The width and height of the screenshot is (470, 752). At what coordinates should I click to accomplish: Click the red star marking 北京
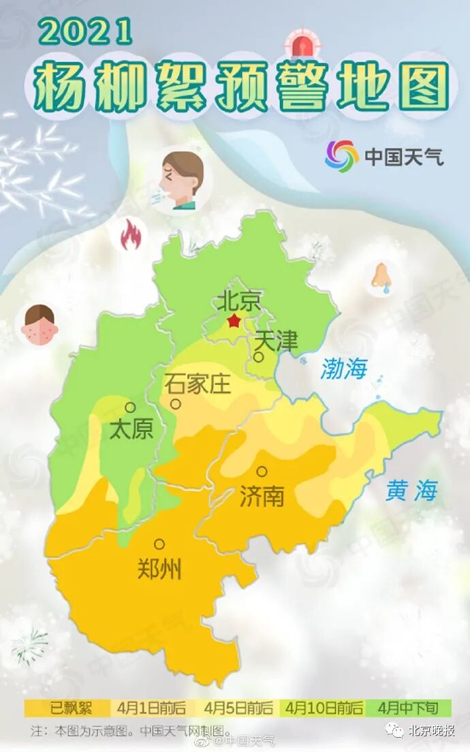(x=234, y=320)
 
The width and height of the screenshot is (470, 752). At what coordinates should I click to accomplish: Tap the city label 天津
(x=277, y=341)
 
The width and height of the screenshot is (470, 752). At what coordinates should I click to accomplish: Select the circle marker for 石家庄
(x=176, y=404)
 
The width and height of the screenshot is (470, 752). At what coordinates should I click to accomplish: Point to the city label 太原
(x=131, y=429)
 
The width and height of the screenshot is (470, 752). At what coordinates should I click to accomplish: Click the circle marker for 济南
(x=262, y=471)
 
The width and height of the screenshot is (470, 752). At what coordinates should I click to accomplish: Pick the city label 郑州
(x=159, y=568)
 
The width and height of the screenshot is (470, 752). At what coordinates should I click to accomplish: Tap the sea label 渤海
(x=343, y=369)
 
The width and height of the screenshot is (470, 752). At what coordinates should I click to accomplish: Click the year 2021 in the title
(x=84, y=31)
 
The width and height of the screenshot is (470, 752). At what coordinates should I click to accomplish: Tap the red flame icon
(x=130, y=235)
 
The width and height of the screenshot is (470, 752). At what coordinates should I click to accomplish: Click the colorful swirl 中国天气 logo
(x=341, y=156)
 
